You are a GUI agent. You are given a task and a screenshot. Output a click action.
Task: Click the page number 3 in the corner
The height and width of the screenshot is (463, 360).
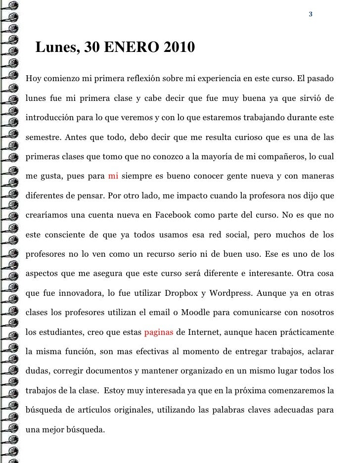click(x=310, y=14)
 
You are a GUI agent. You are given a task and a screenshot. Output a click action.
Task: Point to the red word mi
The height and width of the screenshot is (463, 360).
click(x=113, y=176)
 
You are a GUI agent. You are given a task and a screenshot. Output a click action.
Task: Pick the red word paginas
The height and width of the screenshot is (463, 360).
click(x=159, y=331)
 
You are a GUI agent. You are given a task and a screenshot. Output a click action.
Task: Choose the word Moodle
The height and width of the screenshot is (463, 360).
click(x=197, y=312)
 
